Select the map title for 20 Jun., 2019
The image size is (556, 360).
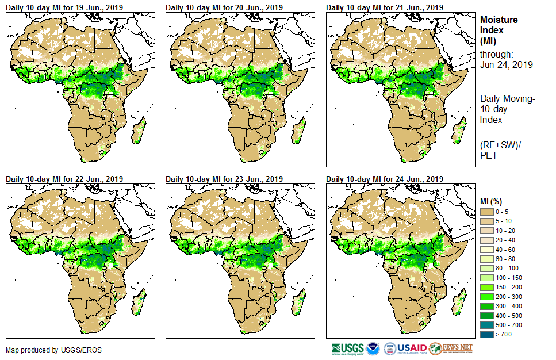click(224, 7)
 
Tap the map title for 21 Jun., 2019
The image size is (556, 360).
click(385, 7)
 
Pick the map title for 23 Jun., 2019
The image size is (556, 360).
click(224, 179)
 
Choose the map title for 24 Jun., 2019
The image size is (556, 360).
click(385, 179)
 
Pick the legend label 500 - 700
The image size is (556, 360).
click(507, 324)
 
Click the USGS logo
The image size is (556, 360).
click(347, 348)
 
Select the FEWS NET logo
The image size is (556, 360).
click(451, 348)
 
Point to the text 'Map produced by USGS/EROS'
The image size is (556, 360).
click(47, 350)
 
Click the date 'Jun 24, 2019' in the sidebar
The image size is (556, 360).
click(506, 65)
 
